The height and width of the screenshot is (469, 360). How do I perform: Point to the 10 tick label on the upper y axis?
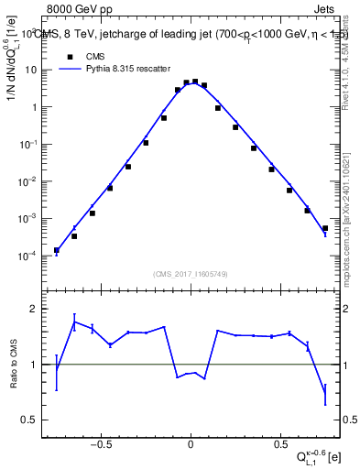click(29, 70)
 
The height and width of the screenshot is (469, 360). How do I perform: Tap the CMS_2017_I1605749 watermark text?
click(190, 273)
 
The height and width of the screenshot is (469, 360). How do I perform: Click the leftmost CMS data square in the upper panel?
click(57, 250)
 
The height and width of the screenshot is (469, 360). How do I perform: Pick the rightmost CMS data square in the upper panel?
click(325, 228)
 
